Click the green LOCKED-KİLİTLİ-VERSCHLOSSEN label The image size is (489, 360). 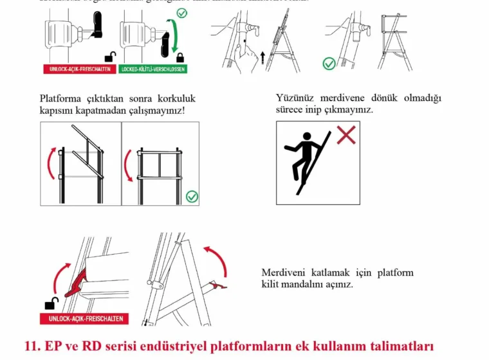pyautogui.click(x=152, y=68)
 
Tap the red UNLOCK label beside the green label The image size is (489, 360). pyautogui.click(x=79, y=68)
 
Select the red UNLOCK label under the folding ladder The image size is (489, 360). pyautogui.click(x=84, y=319)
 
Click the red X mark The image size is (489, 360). pyautogui.click(x=346, y=135)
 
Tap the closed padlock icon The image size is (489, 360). pyautogui.click(x=180, y=57)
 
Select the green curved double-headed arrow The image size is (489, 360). pyautogui.click(x=172, y=37)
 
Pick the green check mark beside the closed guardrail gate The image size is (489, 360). pyautogui.click(x=192, y=196)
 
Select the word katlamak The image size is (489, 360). pyautogui.click(x=332, y=273)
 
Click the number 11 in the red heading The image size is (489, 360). pyautogui.click(x=32, y=345)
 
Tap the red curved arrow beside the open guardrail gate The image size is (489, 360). pyautogui.click(x=49, y=163)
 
